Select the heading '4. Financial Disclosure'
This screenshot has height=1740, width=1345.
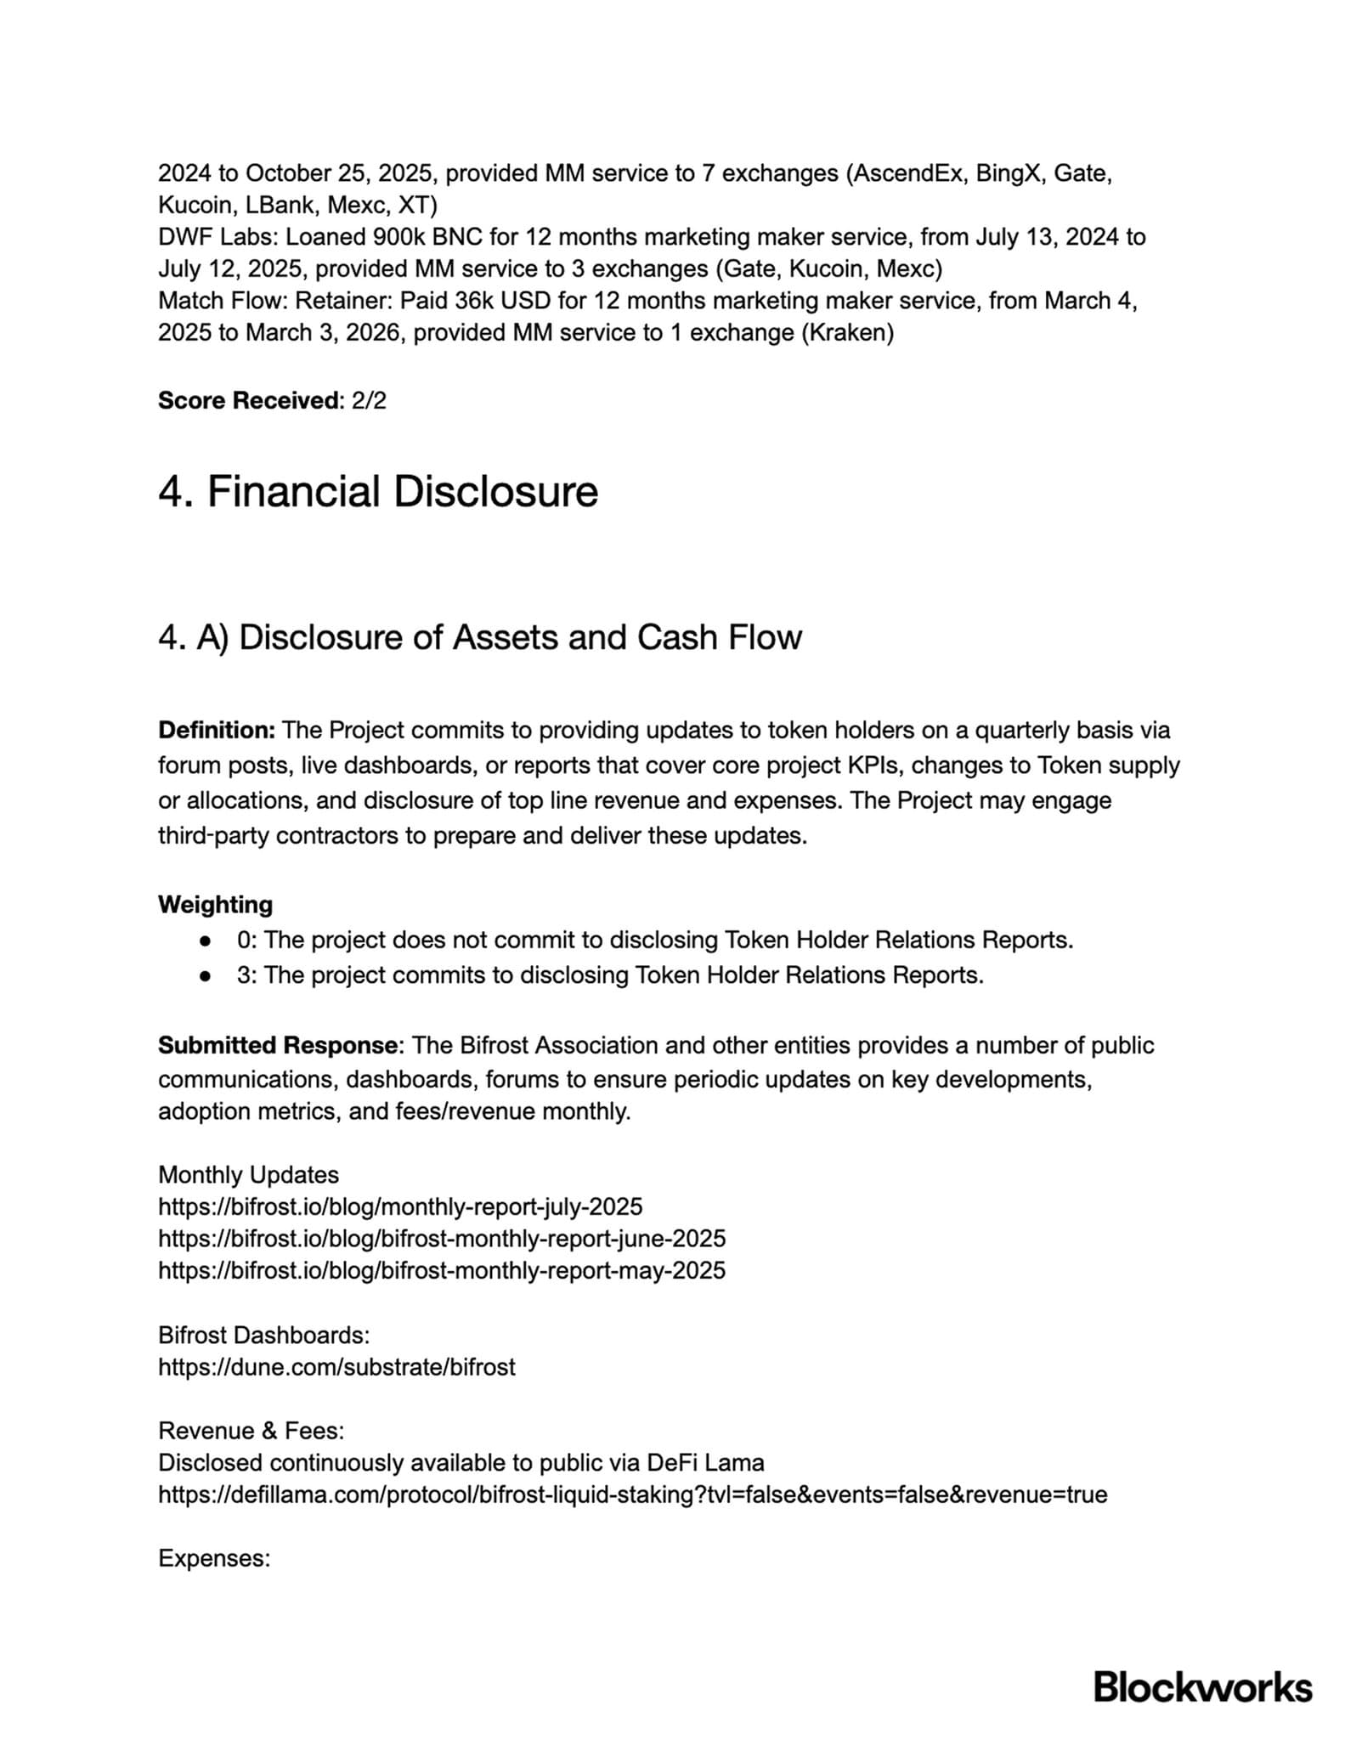(378, 492)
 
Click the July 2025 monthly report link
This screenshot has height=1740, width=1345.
(400, 1206)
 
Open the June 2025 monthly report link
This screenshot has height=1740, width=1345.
(442, 1238)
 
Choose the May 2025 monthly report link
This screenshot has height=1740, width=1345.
(442, 1270)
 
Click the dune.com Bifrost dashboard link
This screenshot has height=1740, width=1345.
(336, 1367)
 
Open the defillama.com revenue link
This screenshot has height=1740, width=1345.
(632, 1494)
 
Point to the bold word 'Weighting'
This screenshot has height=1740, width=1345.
(215, 904)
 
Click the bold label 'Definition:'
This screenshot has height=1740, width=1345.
(217, 730)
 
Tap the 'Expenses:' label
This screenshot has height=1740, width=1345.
(214, 1558)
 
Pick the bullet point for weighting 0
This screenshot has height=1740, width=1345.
(205, 941)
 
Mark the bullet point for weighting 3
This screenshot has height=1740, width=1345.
(205, 975)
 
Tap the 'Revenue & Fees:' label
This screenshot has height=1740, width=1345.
(251, 1431)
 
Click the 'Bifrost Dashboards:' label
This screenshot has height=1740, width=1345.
(263, 1335)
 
